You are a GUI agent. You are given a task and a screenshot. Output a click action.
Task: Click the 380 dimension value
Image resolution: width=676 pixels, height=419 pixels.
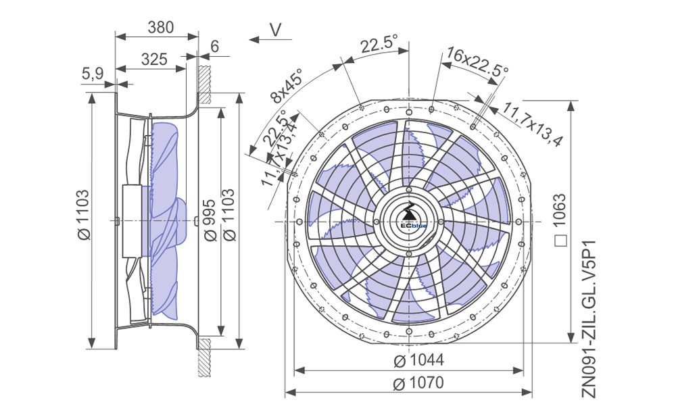pos(160,27)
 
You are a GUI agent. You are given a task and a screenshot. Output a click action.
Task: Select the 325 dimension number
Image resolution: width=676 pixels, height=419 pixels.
pos(154,59)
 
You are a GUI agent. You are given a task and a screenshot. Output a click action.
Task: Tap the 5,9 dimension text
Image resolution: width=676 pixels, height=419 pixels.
pos(93,74)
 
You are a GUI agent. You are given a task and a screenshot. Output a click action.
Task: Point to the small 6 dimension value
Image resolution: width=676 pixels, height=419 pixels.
pos(215,46)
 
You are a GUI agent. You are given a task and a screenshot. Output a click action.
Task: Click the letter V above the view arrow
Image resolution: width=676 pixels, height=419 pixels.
pos(276,30)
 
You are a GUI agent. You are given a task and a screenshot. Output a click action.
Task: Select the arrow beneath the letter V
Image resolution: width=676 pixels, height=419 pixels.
pos(270,40)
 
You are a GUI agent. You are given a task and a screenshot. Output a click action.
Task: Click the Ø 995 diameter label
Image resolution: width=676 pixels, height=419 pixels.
pos(210,220)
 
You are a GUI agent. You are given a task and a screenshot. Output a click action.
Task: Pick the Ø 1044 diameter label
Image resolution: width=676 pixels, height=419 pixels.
pos(418,360)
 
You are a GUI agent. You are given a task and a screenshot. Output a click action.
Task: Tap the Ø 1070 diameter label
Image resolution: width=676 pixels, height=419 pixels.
pos(418,383)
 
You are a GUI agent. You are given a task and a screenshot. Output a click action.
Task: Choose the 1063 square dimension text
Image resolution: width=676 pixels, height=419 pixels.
pos(559,210)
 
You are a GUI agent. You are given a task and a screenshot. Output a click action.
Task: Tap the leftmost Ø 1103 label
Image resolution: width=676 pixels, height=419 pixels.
pos(83,214)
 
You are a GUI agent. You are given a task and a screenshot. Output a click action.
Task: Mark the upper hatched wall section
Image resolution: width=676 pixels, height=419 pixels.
pos(204,84)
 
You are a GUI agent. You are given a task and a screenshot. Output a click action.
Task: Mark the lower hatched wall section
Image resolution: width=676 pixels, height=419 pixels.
pos(204,358)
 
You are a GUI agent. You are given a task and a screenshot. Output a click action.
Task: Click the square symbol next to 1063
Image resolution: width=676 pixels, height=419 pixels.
pos(561,241)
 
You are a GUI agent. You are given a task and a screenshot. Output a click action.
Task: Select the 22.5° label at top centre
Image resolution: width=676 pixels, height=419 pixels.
pos(379,44)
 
